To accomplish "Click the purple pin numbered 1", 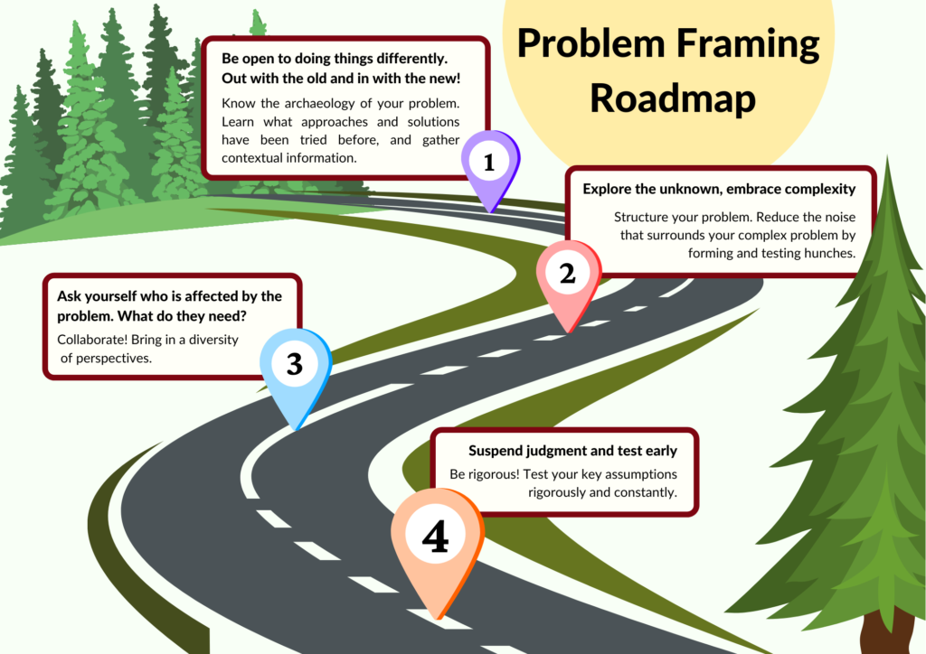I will (490, 163).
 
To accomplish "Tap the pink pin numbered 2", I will (568, 274).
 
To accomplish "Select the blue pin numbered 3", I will (295, 365).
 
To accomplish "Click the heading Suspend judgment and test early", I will (572, 451).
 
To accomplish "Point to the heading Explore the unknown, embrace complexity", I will (719, 189).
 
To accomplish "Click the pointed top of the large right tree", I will (888, 163).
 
